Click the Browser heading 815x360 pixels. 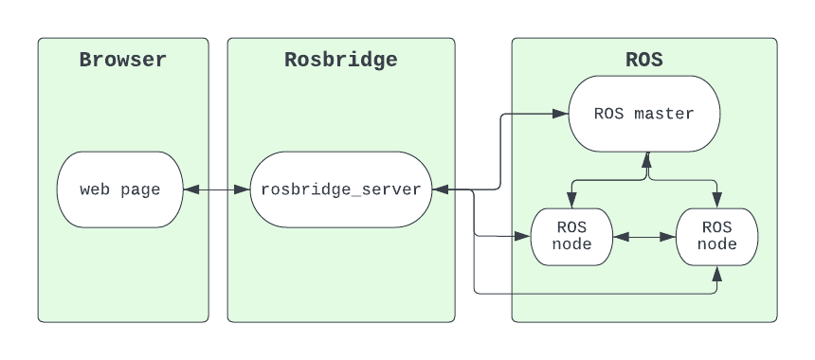point(123,61)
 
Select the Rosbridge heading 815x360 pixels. point(341,61)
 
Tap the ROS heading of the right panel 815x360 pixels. point(644,61)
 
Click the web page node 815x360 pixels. point(119,189)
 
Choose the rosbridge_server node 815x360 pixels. point(341,189)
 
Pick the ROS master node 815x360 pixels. point(644,114)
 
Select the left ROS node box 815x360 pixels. point(571,236)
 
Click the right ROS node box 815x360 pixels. point(716,236)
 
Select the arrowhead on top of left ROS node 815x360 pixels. point(571,200)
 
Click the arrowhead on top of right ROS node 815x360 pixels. point(716,200)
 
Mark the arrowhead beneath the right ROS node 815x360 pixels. point(716,273)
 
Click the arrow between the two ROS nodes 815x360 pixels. point(644,236)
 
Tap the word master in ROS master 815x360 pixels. point(664,114)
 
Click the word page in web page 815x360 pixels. point(140,189)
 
